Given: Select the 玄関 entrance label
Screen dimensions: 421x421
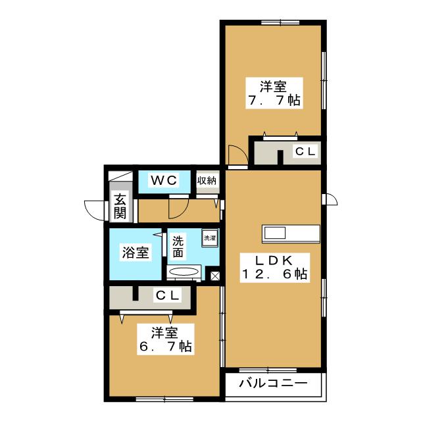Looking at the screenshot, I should [x=119, y=207].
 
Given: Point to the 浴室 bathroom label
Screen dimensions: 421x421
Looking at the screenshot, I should [x=136, y=253].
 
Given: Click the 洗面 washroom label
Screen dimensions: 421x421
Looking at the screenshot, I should [x=178, y=247].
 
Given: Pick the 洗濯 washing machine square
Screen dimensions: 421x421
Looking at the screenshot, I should [x=210, y=237].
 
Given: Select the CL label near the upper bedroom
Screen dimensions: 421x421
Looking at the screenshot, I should [x=305, y=152].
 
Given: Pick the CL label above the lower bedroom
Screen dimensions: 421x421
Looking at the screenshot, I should [x=166, y=296].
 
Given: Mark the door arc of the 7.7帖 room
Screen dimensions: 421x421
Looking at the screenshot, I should [x=236, y=156].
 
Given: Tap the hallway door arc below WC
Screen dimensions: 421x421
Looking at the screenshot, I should [x=177, y=208].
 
